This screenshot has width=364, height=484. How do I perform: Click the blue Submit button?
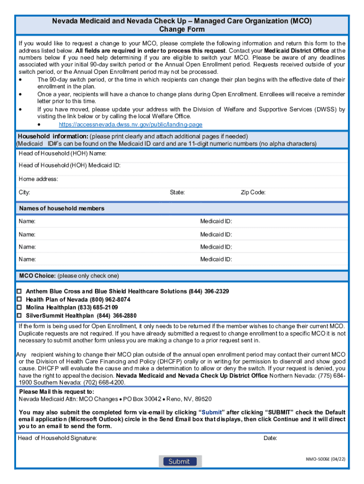point(179,461)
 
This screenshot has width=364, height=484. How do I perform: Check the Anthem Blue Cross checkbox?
point(19,291)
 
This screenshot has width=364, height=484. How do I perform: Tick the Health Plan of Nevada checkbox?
point(19,299)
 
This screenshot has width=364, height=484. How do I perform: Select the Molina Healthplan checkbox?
point(19,307)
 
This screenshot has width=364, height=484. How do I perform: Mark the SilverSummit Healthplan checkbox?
point(19,315)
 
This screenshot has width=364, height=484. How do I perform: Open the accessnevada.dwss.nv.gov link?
point(130,125)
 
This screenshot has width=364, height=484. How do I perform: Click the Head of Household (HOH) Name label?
point(62,154)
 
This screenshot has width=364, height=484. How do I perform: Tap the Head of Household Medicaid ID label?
point(69,165)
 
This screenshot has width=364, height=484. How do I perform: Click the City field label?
point(25,192)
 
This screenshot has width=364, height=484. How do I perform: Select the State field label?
point(177,192)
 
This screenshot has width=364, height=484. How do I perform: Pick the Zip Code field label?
point(253,192)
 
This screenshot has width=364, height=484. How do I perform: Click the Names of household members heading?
point(61,208)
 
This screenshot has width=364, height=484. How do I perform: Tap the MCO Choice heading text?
point(69,276)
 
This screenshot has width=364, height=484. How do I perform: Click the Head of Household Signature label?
point(57,438)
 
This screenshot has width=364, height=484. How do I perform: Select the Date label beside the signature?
point(270,438)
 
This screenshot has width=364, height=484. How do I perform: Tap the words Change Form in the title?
point(182,29)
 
